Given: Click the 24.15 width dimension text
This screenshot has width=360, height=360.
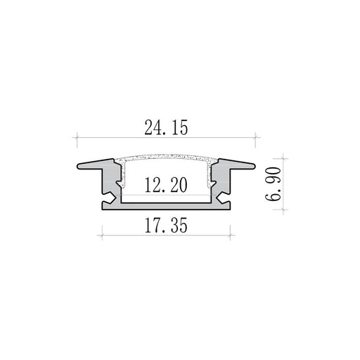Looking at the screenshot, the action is pyautogui.click(x=166, y=127).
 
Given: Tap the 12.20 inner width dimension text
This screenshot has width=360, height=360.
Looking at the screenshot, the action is pyautogui.click(x=166, y=185).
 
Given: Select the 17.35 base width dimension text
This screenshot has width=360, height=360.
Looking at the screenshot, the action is pyautogui.click(x=166, y=226).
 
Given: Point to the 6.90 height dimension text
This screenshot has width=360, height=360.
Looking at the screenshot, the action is pyautogui.click(x=273, y=184).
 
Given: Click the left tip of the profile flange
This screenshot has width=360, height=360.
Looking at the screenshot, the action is pyautogui.click(x=77, y=166).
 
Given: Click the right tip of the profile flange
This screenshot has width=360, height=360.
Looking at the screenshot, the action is pyautogui.click(x=255, y=166).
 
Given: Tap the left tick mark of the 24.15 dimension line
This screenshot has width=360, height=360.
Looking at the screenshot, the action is pyautogui.click(x=77, y=137).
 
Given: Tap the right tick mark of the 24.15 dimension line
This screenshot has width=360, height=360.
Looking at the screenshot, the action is pyautogui.click(x=255, y=137).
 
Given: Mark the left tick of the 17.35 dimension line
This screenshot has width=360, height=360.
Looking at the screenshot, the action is pyautogui.click(x=102, y=235).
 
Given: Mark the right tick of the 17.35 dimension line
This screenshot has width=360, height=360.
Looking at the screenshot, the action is pyautogui.click(x=231, y=235).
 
